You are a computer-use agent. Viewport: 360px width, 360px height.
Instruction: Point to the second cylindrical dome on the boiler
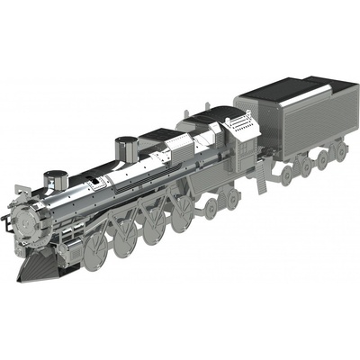click(x=127, y=148)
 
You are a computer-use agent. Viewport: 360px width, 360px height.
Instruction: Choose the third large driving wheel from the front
click(x=155, y=225)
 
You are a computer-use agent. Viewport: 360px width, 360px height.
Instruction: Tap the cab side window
click(x=240, y=135)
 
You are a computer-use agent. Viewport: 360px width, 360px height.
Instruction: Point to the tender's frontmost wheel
click(x=286, y=174)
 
